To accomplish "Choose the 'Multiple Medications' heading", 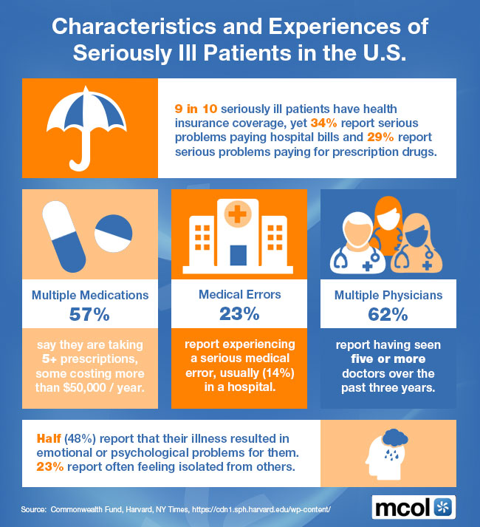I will [90, 295].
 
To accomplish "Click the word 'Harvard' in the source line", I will [143, 510].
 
